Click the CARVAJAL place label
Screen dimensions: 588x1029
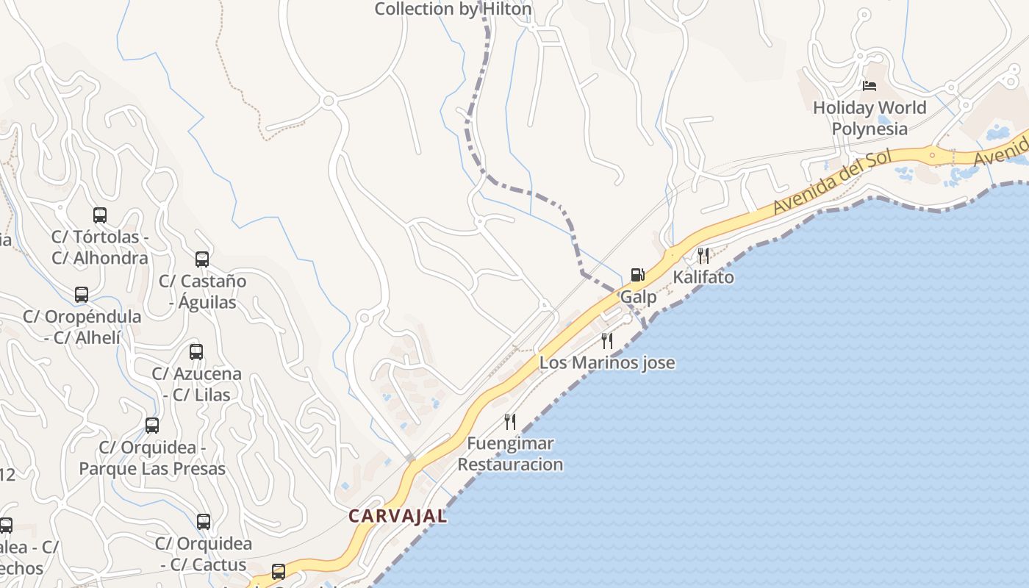coord(397,516)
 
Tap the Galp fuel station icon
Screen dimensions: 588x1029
coord(638,275)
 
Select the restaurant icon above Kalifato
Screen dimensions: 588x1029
coord(703,256)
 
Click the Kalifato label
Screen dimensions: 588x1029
coord(703,278)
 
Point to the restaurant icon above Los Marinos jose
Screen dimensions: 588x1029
coord(607,341)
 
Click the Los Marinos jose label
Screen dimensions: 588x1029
coord(607,362)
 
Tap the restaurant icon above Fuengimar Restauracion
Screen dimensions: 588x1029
coord(510,422)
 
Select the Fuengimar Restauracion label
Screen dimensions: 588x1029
coord(510,454)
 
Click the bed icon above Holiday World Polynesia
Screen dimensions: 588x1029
coord(870,86)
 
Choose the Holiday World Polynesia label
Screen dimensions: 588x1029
coord(870,118)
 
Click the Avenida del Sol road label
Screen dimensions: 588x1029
coord(832,182)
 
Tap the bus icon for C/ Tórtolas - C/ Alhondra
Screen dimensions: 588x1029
coord(100,215)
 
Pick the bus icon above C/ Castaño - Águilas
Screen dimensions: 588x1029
coord(202,259)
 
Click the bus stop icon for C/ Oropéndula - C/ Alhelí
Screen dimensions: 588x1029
coord(82,295)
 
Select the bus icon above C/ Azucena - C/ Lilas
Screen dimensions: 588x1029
coord(196,352)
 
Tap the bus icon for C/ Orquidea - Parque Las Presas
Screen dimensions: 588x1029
coord(152,426)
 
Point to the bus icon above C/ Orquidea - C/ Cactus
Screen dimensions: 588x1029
coord(204,522)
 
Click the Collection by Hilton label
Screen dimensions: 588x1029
coord(453,10)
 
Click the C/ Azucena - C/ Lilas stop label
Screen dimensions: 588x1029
coord(196,384)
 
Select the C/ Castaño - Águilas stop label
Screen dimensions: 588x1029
coord(203,292)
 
